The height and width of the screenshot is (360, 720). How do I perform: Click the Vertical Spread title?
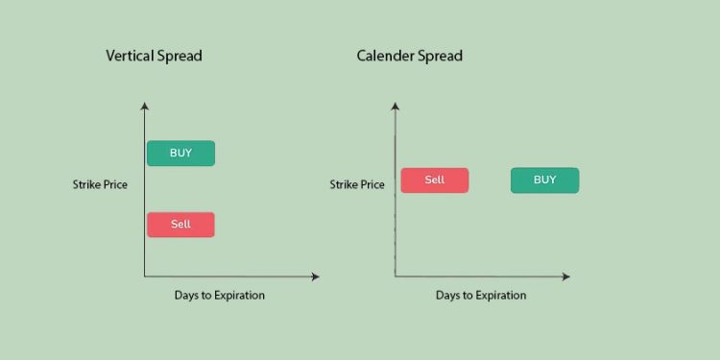click(154, 56)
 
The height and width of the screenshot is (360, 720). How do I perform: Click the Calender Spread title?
click(410, 56)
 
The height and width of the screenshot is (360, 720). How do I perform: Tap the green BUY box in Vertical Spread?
click(180, 153)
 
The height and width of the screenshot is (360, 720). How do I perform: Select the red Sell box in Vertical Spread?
click(180, 225)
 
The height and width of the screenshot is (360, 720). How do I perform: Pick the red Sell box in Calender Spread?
click(435, 180)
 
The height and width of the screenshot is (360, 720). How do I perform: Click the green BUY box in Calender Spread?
click(544, 180)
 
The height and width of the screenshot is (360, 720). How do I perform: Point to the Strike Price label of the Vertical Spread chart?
click(100, 184)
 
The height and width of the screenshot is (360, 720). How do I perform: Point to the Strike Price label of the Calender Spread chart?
click(357, 184)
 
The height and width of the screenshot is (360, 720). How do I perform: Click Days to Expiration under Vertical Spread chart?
click(220, 296)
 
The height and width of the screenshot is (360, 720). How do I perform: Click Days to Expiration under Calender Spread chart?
click(481, 296)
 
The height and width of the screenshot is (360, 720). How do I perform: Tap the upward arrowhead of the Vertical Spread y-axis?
click(144, 105)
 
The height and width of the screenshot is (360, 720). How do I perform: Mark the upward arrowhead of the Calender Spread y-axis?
click(395, 105)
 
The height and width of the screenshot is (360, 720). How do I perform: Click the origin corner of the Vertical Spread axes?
click(144, 276)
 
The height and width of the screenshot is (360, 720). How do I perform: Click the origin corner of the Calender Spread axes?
click(395, 276)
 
